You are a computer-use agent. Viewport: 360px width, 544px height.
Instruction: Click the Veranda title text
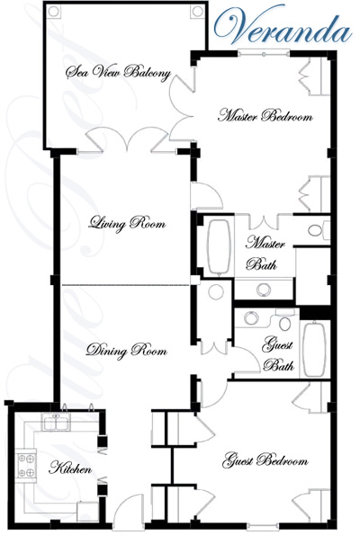(283, 27)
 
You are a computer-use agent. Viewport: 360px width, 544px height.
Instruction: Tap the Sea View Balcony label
(119, 73)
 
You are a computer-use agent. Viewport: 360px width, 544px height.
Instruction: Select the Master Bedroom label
(265, 115)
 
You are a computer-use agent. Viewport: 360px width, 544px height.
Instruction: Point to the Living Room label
(127, 223)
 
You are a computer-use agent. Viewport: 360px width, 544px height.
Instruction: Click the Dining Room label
(126, 351)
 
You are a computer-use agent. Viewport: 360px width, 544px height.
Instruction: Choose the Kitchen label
(70, 468)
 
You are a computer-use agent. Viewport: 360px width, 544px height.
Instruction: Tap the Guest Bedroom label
(265, 460)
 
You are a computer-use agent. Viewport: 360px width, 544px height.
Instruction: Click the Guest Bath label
(278, 354)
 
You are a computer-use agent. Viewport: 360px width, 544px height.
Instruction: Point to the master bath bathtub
(219, 246)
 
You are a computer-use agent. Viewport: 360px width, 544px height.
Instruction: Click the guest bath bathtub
(314, 350)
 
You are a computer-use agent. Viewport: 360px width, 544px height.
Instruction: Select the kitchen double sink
(56, 422)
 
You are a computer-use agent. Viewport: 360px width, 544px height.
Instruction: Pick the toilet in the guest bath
(284, 320)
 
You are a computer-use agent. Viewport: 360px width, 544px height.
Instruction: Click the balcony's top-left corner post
(54, 11)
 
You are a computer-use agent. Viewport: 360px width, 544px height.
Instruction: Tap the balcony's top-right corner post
(197, 11)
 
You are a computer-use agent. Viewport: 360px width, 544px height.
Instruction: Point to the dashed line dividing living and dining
(125, 285)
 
